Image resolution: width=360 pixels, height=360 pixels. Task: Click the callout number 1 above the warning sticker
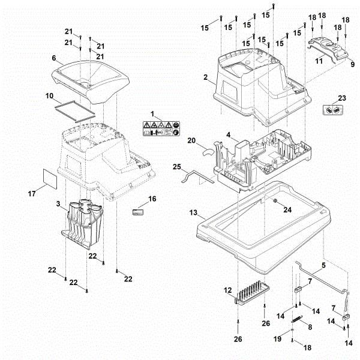point(152,113)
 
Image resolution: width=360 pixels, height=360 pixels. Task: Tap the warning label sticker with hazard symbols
point(160,128)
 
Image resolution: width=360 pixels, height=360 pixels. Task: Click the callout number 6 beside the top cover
point(53,58)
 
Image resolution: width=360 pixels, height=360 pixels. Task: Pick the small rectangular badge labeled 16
point(137,211)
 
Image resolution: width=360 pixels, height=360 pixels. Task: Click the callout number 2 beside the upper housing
point(206,78)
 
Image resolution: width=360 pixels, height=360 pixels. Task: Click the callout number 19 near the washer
point(277,339)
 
